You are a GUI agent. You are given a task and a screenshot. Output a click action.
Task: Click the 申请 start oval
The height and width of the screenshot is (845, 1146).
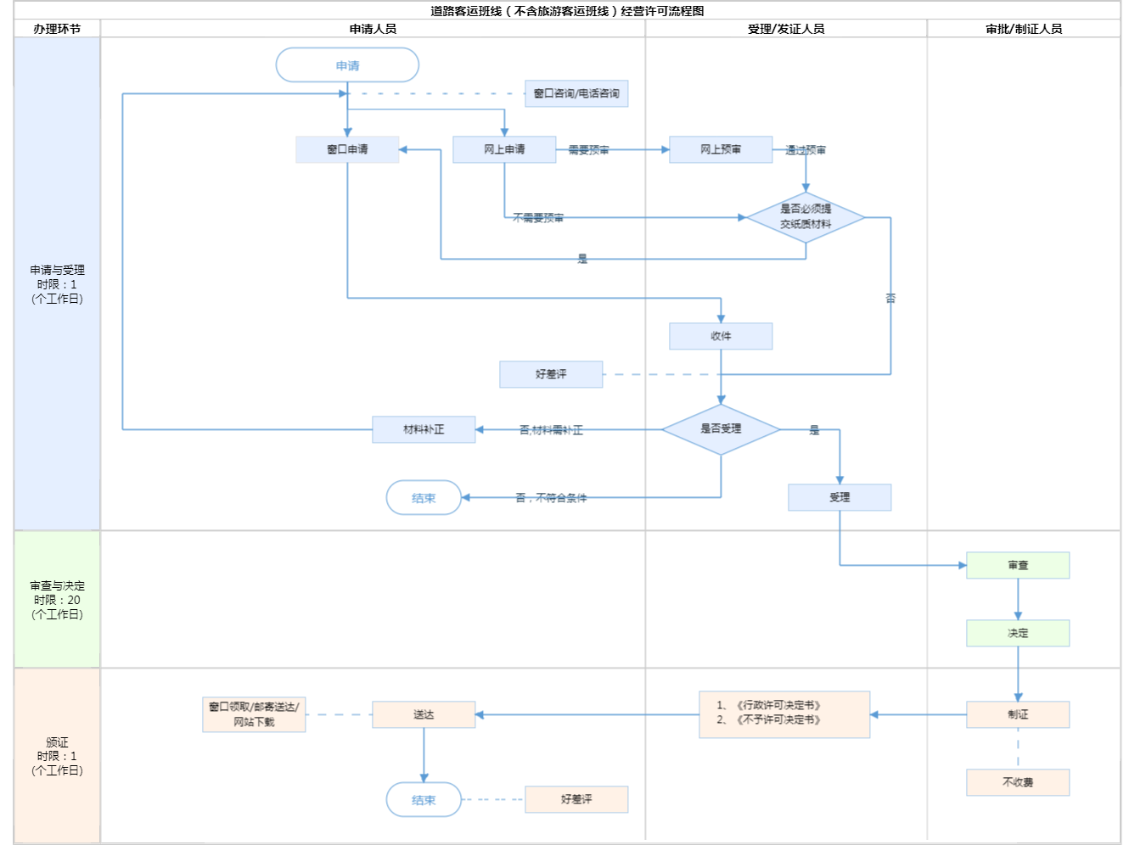[x=347, y=65]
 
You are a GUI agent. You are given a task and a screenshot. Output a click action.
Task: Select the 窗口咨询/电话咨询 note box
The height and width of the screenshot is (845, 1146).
[x=576, y=93]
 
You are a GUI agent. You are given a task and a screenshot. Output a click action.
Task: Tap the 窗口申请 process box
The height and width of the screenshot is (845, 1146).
[x=347, y=149]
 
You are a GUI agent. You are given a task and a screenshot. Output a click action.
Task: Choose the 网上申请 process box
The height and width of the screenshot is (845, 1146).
[x=504, y=149]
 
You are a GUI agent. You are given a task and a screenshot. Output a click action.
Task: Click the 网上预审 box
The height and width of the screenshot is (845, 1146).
[x=721, y=149]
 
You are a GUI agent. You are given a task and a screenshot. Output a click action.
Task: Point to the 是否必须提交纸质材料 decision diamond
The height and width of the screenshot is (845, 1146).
[x=806, y=217]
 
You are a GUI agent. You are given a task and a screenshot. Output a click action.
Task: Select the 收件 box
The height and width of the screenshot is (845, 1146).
[x=721, y=336]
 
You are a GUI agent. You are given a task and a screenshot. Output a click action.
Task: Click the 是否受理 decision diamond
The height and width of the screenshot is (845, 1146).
[x=721, y=429]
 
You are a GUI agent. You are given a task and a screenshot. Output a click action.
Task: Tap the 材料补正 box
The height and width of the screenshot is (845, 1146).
[x=424, y=429]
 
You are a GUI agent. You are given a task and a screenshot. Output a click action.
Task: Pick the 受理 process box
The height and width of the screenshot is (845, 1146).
[x=840, y=497]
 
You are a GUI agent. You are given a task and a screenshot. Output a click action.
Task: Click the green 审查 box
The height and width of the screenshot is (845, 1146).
[x=1018, y=565]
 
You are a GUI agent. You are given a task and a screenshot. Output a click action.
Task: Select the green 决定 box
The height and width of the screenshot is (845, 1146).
[x=1018, y=633]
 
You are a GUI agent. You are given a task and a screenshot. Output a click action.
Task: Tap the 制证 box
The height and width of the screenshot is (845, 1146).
[x=1018, y=714]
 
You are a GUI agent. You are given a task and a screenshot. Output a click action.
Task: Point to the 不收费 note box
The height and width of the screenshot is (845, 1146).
[x=1018, y=782]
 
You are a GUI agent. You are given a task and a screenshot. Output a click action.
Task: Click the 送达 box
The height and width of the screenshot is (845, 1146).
[x=424, y=714]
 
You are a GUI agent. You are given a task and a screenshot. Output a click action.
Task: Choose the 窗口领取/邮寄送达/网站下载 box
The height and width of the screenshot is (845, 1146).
[x=254, y=714]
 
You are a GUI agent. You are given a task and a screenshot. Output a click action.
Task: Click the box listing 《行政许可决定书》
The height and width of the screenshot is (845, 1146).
[x=784, y=714]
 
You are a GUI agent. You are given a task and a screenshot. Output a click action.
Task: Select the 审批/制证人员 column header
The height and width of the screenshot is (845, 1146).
[x=1024, y=29]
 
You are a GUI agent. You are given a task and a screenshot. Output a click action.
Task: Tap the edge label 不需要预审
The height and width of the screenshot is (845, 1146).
[x=538, y=218]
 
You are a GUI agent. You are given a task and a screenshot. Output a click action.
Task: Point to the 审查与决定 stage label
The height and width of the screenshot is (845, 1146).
[x=57, y=599]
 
